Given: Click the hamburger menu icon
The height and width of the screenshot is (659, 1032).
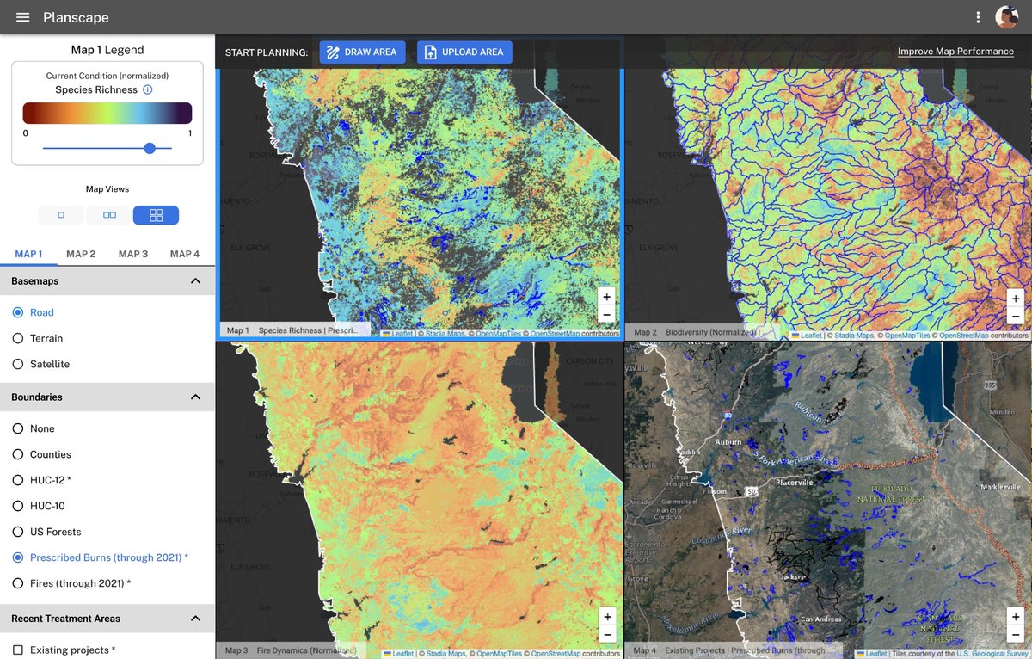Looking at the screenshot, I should [23, 17].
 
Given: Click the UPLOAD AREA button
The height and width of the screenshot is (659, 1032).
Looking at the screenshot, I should [464, 52].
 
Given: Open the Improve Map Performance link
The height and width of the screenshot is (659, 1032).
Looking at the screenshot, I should [955, 52].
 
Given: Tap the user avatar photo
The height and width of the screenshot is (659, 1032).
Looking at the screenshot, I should [1006, 17].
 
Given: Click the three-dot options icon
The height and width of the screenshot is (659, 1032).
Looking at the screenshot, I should [978, 17].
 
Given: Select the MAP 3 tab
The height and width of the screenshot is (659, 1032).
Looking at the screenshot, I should [133, 254].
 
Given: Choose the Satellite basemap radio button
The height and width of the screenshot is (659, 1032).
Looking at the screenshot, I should [18, 364].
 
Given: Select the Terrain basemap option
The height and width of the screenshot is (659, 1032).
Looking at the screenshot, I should [18, 338].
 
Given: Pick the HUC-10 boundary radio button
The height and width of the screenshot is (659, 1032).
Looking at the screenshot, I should [18, 506].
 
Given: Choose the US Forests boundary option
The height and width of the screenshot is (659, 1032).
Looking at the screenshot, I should [18, 532].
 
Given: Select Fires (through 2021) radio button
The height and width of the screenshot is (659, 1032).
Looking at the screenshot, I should [18, 583].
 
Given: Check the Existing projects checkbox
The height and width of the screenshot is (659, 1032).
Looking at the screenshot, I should [18, 650].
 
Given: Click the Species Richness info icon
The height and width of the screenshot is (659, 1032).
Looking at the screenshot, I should [147, 89].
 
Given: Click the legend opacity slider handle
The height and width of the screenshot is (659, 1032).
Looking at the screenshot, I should [150, 148].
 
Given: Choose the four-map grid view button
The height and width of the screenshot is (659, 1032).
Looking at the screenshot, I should [156, 215].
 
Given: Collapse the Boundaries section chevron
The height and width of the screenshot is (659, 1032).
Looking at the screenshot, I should [195, 397].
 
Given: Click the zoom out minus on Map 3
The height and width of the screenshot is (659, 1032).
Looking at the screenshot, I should [607, 634].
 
